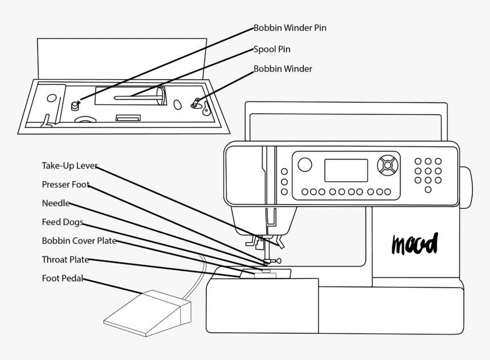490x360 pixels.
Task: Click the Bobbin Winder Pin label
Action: click(x=289, y=28)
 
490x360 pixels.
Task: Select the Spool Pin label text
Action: click(x=272, y=50)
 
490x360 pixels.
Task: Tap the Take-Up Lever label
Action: click(x=70, y=166)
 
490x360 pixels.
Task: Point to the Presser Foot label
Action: click(x=66, y=185)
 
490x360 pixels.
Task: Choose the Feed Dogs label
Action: click(x=63, y=222)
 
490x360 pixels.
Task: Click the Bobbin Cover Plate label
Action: click(x=79, y=241)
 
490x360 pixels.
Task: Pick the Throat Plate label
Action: click(x=65, y=260)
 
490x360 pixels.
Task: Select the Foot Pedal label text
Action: click(x=63, y=279)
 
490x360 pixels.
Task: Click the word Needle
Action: click(x=56, y=203)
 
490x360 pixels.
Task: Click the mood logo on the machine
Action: click(x=414, y=243)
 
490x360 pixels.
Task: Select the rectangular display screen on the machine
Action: click(x=346, y=170)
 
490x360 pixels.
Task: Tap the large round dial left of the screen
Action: click(x=305, y=165)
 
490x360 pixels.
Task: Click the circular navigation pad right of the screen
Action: click(x=387, y=165)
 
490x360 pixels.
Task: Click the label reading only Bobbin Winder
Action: click(x=283, y=69)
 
